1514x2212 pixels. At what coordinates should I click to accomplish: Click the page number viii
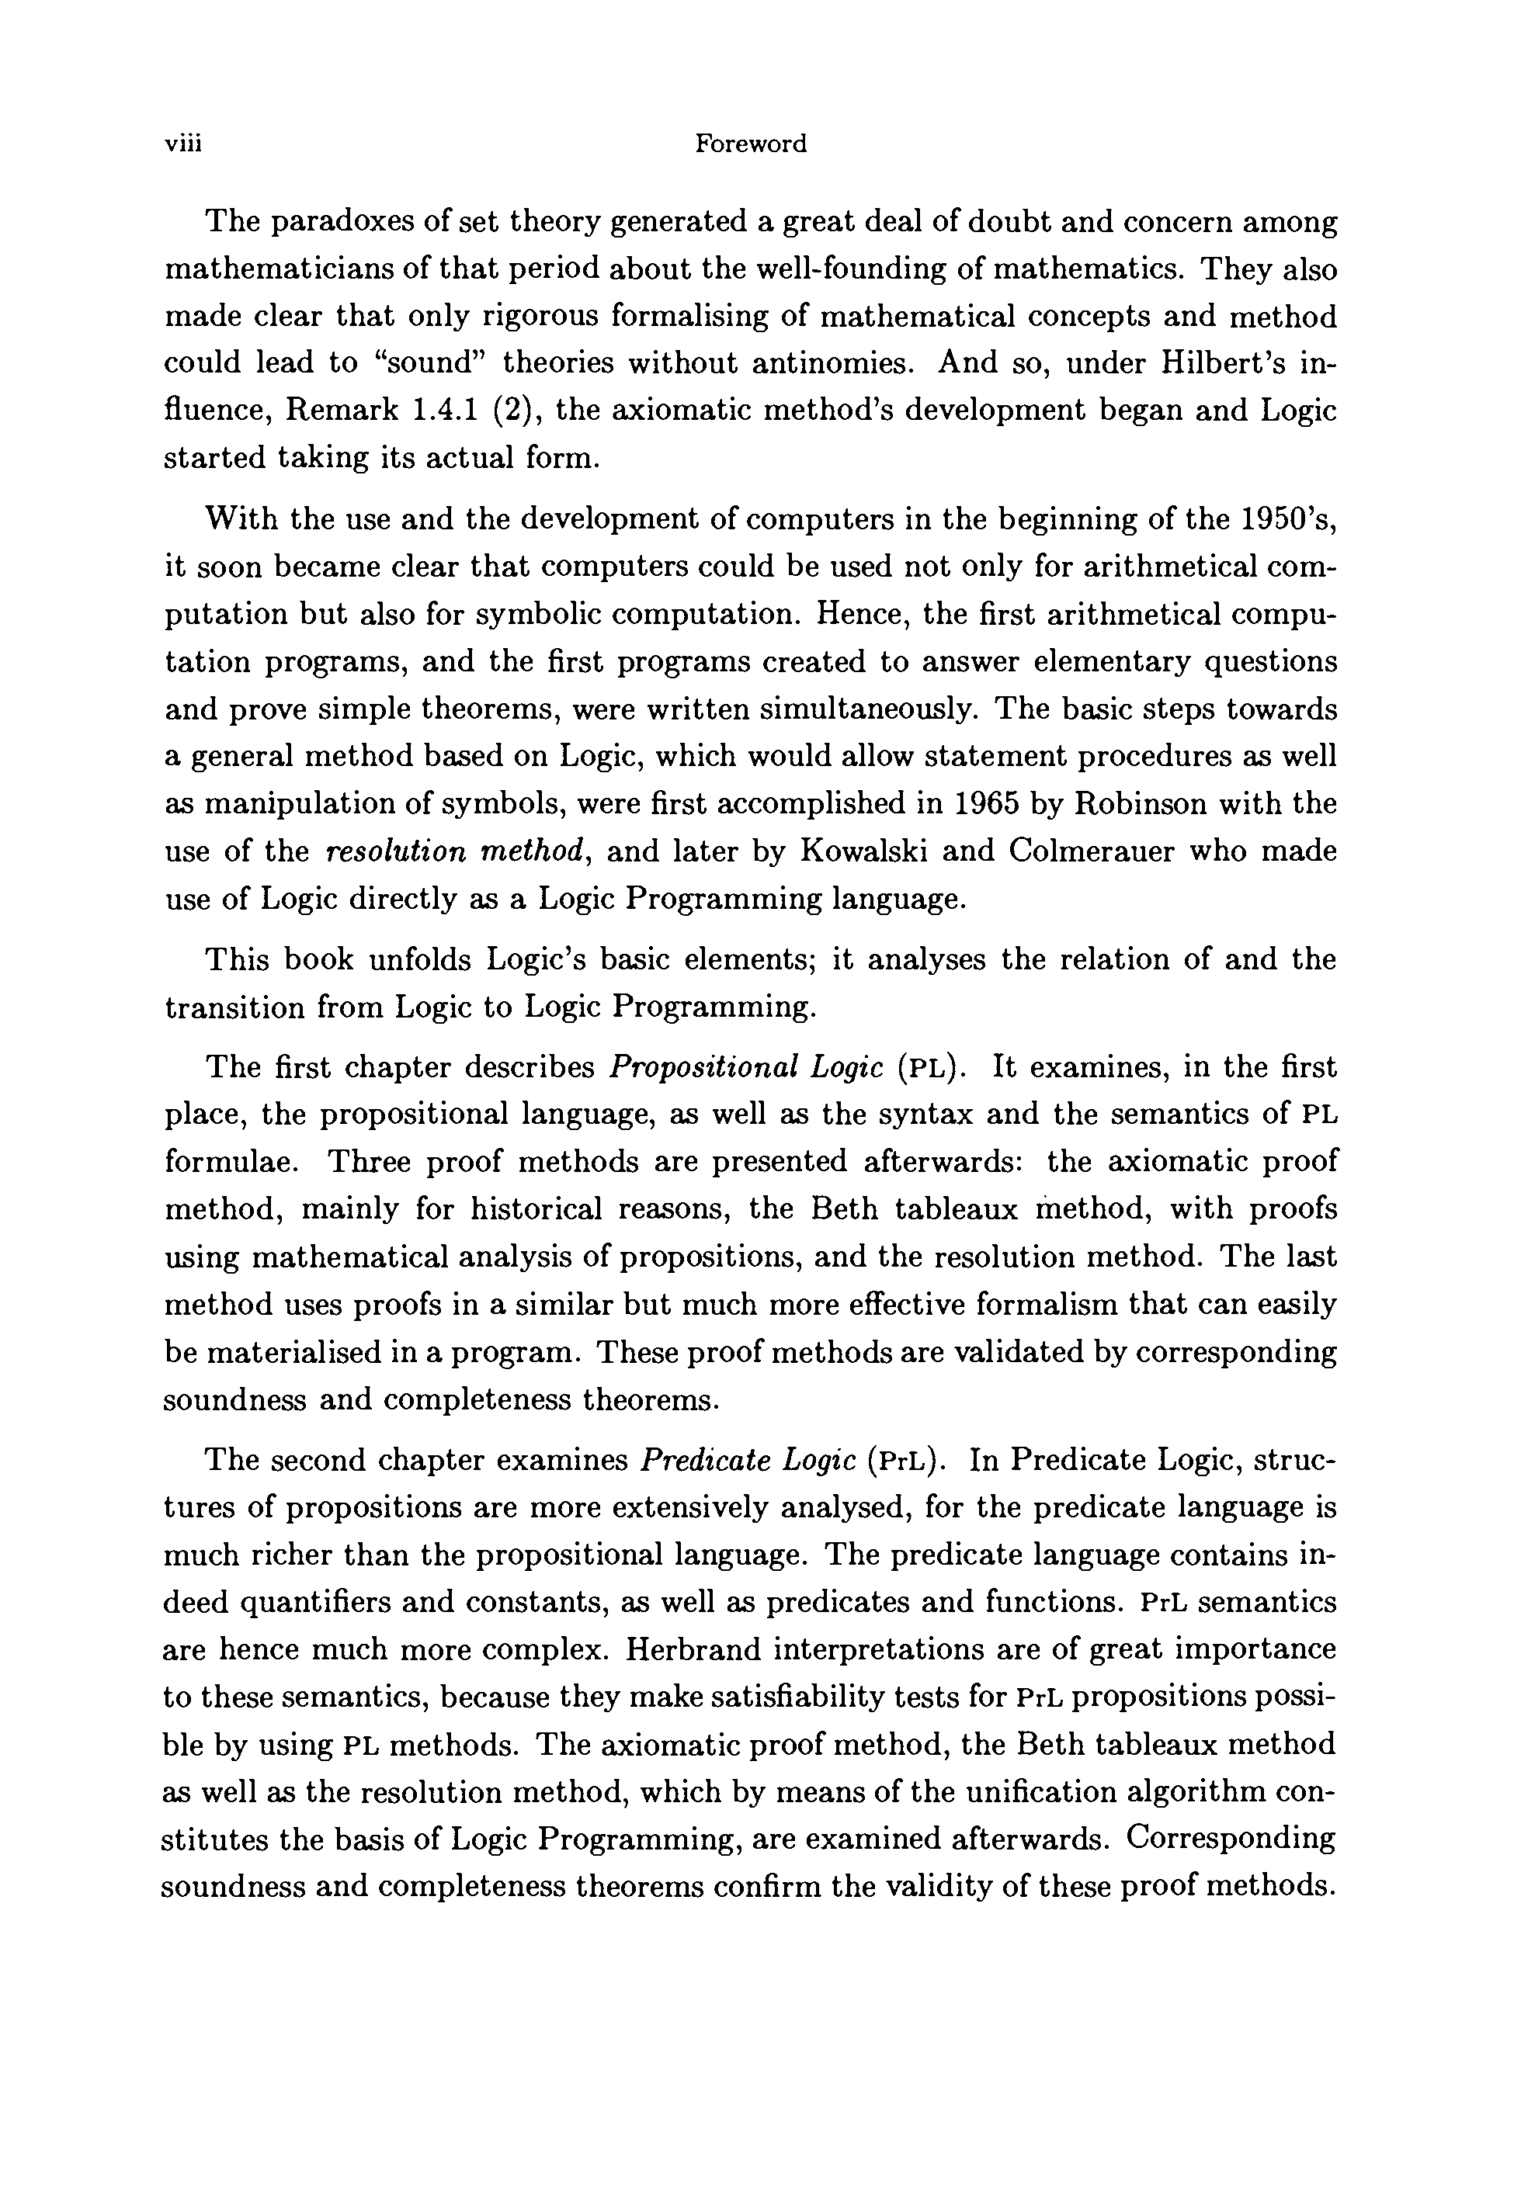coord(185,144)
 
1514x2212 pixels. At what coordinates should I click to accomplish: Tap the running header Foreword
coord(750,144)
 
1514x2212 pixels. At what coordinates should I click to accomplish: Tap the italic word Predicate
coord(706,1460)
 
